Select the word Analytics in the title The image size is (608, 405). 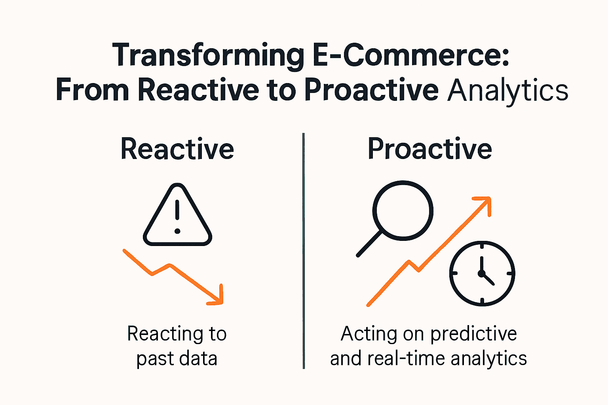508,91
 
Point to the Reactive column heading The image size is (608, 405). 177,149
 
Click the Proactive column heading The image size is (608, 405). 429,149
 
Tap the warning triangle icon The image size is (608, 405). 177,216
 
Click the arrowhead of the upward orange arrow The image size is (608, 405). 484,202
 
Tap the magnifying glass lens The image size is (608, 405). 403,210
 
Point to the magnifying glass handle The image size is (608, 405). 369,244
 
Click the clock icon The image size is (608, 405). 482,273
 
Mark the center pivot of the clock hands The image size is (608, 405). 481,273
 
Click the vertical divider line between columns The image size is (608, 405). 304,251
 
